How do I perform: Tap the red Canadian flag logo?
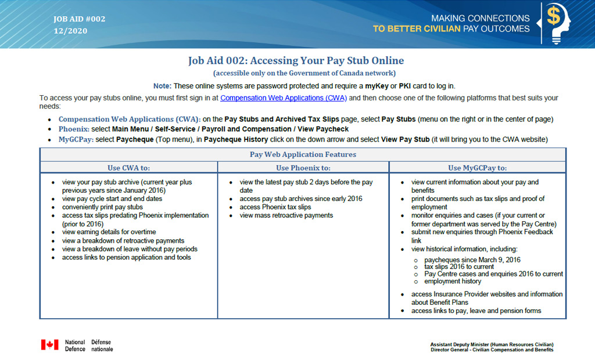coord(50,345)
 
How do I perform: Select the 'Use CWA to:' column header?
coord(128,168)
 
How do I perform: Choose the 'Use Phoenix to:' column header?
coord(303,168)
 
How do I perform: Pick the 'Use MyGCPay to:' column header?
coord(477,168)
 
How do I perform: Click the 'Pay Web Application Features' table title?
coord(303,154)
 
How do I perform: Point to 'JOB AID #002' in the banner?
coord(80,19)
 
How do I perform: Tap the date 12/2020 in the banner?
coord(70,31)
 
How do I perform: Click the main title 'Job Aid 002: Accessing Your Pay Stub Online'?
coord(296,61)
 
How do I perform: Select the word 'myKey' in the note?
coord(377,86)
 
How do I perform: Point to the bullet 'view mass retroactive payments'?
coord(286,215)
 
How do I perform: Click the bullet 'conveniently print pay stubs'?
coord(102,207)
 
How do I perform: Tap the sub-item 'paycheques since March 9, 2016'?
coord(472,260)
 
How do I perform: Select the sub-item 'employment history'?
coord(453,282)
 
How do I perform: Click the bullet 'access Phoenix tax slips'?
coord(275,207)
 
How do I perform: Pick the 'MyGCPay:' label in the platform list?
coord(76,139)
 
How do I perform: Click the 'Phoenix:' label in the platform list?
coord(74,129)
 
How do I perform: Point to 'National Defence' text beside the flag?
coord(75,345)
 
